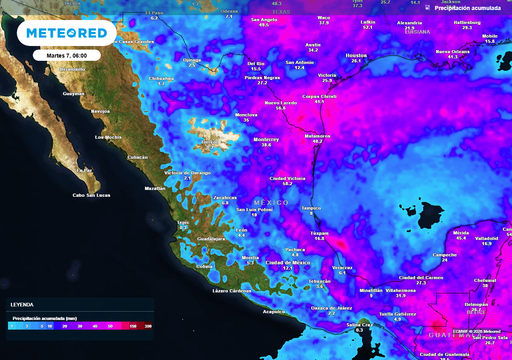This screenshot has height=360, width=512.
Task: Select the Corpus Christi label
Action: coord(319,96)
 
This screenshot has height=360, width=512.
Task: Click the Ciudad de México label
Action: coord(288,263)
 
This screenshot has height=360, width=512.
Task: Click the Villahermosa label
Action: coord(401,290)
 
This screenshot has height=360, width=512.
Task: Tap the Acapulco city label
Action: coord(274,311)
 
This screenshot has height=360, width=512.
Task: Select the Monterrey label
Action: coord(265,139)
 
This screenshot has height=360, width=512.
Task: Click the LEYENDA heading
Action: coord(21,304)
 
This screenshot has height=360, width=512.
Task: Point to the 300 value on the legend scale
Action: coord(148,327)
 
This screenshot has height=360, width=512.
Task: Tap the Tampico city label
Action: coord(312,207)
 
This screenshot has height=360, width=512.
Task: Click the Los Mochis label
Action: coord(106,138)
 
